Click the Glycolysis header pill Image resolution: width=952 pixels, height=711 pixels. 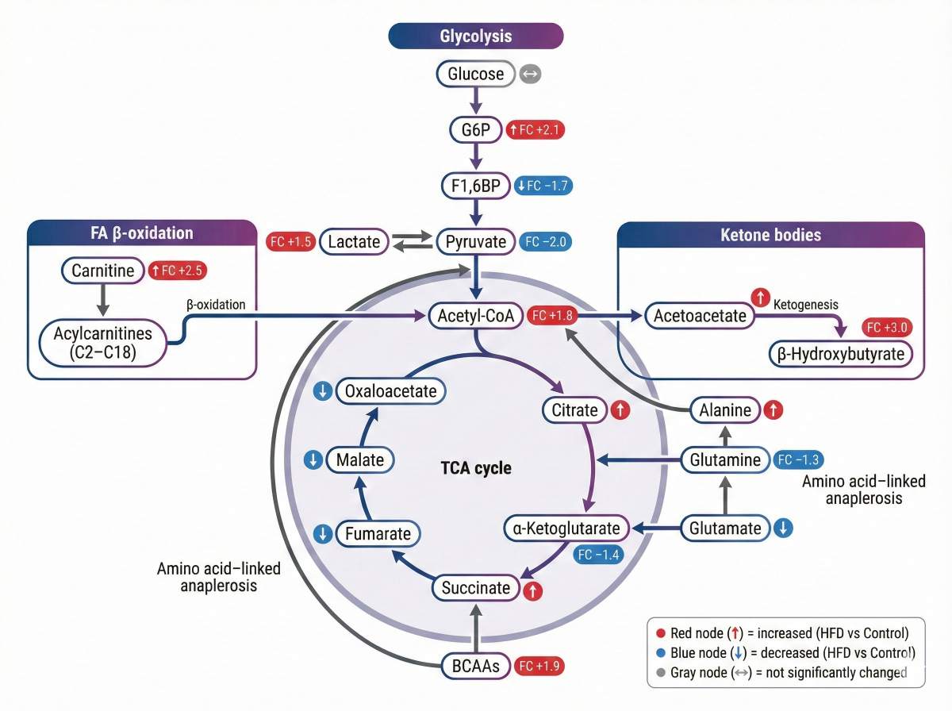(475, 36)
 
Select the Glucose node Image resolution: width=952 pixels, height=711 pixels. (475, 75)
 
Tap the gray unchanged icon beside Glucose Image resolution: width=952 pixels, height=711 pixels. (531, 75)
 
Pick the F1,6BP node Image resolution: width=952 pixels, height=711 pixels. (475, 186)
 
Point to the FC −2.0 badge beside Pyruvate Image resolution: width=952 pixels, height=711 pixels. (545, 242)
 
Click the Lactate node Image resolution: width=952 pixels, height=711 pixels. (354, 242)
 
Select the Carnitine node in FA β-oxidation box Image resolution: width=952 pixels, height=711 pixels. (103, 271)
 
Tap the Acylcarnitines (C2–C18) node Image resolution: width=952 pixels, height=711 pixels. (103, 343)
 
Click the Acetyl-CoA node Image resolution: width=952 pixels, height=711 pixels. (475, 316)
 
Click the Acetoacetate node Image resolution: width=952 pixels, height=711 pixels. (700, 316)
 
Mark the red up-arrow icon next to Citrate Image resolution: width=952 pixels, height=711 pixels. (620, 410)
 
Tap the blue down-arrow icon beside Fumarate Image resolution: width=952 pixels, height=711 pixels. (322, 534)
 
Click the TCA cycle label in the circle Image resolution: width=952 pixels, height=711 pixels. (476, 468)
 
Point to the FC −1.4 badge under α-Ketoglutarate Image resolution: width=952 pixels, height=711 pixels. (598, 554)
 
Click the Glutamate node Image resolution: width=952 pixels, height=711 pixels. (725, 528)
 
